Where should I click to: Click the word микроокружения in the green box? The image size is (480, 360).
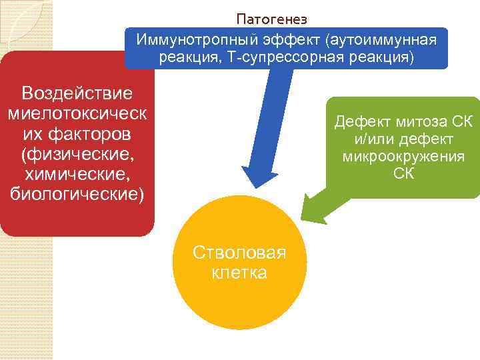(403, 157)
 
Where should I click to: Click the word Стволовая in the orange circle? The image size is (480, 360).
(239, 253)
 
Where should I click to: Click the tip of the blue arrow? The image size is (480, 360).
(252, 189)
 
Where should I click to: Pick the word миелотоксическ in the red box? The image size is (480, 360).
(77, 113)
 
